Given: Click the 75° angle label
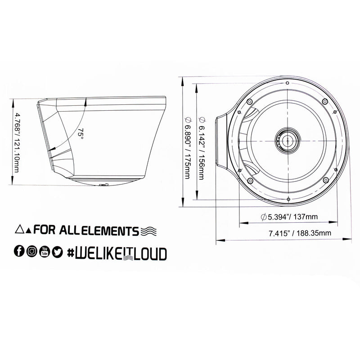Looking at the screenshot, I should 81,133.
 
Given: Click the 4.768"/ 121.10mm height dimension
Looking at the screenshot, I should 17,144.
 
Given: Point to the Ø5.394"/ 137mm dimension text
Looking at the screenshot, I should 289,216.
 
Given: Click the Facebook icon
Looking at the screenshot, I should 19,252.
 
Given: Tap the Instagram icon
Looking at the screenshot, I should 31,252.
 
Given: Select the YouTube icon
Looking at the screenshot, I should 45,252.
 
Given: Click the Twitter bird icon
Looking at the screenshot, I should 57,252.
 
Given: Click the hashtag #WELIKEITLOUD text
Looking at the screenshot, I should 116,252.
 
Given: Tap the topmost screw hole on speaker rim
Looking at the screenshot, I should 287,83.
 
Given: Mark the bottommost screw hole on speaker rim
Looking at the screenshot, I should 287,198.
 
